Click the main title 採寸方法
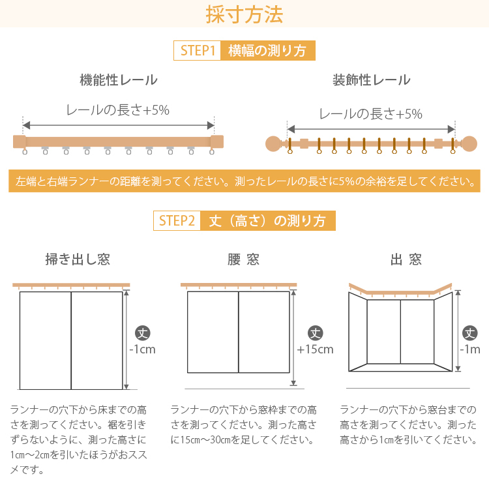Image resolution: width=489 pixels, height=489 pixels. (x=244, y=14)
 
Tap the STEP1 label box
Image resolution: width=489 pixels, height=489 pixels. (x=198, y=50)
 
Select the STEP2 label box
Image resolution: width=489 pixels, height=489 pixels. (x=177, y=221)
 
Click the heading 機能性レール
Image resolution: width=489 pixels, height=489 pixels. (x=119, y=80)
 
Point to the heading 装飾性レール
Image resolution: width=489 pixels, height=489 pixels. (x=371, y=80)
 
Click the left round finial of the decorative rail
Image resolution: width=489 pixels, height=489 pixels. (x=273, y=144)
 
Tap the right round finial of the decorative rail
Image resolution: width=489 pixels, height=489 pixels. (x=469, y=144)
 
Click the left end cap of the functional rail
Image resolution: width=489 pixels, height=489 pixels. (x=20, y=141)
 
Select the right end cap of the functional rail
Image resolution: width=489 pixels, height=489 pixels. (x=217, y=141)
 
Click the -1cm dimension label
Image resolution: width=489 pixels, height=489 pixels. (x=143, y=349)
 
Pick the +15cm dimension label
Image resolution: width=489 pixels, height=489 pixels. (x=315, y=349)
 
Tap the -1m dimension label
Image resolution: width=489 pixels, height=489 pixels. (x=470, y=349)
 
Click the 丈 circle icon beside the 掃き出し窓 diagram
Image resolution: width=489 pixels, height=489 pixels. (x=143, y=333)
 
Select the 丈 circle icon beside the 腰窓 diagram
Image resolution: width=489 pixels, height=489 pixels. (x=316, y=333)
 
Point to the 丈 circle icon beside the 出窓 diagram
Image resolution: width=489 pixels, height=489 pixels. (x=470, y=333)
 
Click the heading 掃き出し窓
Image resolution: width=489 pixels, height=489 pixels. (x=78, y=259)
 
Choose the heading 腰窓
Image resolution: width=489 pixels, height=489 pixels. (x=244, y=259)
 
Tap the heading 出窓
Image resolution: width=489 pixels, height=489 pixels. (x=406, y=259)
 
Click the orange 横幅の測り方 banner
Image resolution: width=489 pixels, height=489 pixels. (x=268, y=50)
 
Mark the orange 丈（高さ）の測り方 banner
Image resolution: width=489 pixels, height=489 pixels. (x=268, y=221)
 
